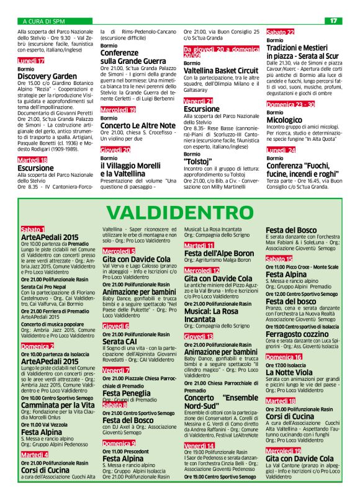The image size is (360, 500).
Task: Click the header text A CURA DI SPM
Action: [43, 21]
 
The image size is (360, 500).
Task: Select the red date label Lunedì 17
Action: [32, 61]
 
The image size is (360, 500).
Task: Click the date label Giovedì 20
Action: [115, 150]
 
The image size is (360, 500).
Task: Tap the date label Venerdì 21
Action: [199, 100]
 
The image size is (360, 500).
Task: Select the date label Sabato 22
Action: [281, 32]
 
